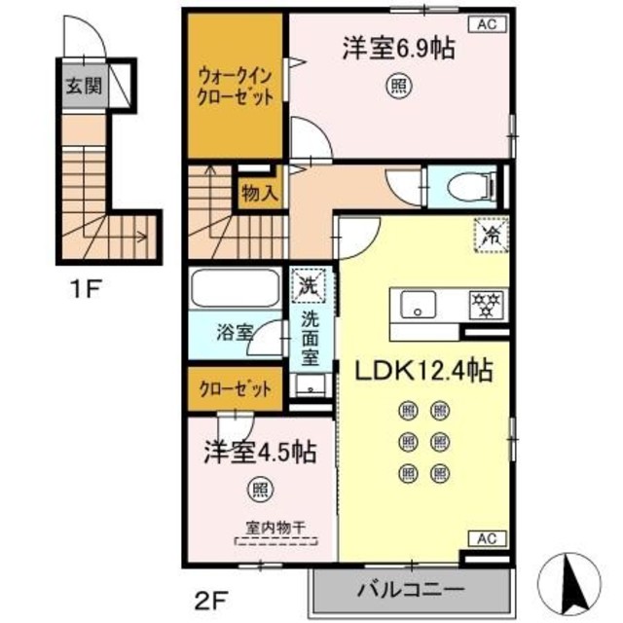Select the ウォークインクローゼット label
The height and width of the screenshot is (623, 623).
tap(235, 85)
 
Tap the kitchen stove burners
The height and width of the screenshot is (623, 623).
tap(484, 304)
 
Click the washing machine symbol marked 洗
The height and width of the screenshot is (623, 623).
tap(311, 287)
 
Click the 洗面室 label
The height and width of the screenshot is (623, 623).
tap(311, 337)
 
